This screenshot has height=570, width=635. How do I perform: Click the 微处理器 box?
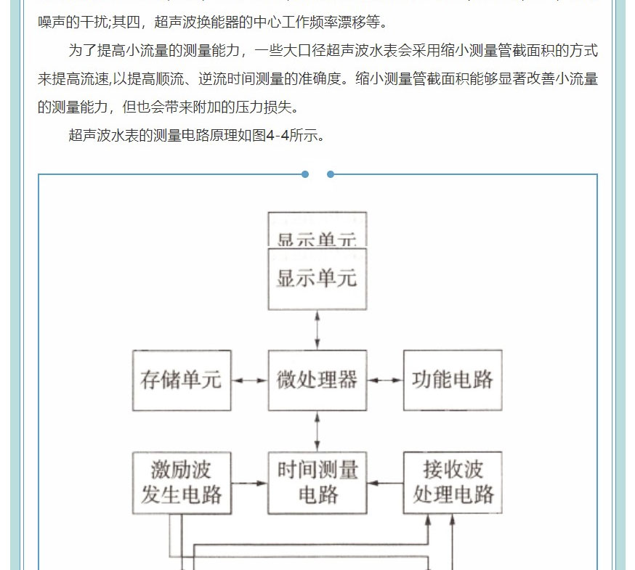coord(317,380)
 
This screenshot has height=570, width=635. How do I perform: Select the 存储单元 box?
coord(182,380)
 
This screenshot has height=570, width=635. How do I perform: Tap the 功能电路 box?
coord(452,380)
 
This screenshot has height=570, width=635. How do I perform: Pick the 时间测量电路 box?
coord(317,482)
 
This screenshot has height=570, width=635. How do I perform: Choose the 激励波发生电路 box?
coord(182,482)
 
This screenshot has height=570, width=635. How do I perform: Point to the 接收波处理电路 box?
coord(452,482)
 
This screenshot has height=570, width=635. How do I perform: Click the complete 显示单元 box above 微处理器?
coord(317,279)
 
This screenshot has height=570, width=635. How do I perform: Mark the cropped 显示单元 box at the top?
coord(317,229)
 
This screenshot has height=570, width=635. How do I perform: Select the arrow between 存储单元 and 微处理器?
coord(249,380)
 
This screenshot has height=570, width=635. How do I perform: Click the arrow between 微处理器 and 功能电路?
coord(385,380)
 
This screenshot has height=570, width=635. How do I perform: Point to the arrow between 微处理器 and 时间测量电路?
coord(317,431)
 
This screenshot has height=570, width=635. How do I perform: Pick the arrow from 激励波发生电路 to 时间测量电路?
coord(249,483)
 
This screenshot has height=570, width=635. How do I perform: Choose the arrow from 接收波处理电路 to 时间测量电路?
coord(385,483)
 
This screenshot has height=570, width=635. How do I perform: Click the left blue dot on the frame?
coord(305,174)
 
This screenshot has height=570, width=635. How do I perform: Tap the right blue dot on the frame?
coord(331,174)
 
